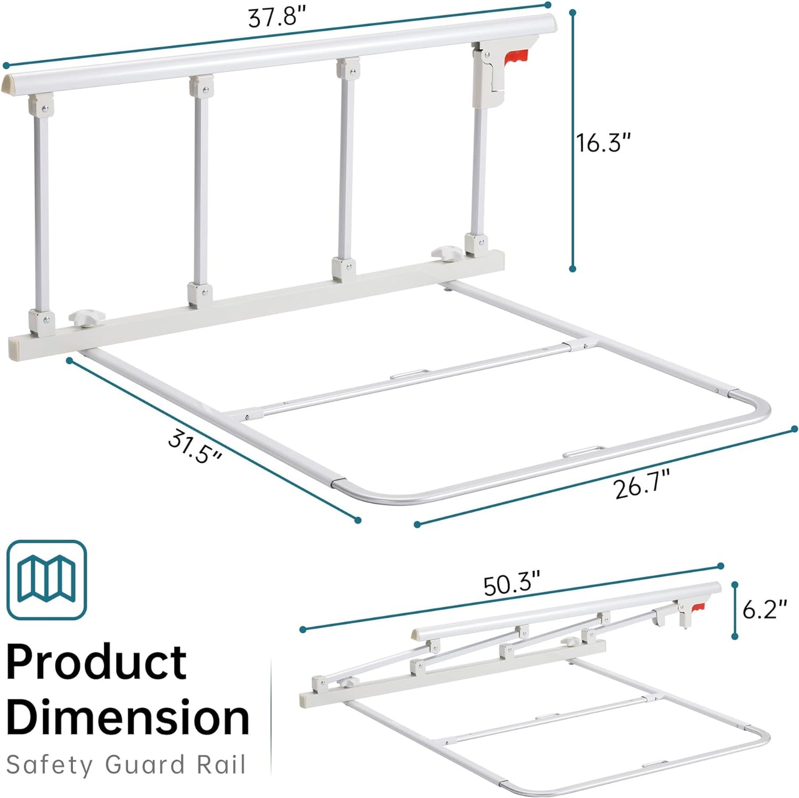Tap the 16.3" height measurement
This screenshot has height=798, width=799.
(603, 143)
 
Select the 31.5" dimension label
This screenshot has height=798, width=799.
(195, 447)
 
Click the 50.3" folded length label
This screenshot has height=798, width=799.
(511, 585)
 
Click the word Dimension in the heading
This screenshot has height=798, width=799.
(128, 717)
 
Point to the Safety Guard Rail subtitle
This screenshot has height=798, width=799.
(126, 765)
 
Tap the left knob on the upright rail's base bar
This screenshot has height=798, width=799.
(86, 319)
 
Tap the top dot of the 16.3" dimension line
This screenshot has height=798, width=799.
(573, 12)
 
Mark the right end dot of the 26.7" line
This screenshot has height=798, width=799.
(795, 429)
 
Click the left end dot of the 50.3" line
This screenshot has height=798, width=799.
(302, 629)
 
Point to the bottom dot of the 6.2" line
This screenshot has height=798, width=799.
(734, 637)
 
